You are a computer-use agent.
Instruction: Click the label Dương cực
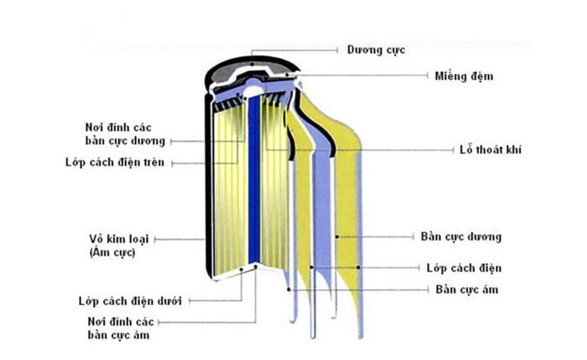click(376, 50)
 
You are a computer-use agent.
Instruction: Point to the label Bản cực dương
click(461, 237)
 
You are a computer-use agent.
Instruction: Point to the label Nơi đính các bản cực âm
click(121, 327)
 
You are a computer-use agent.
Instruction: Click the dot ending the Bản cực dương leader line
click(337, 237)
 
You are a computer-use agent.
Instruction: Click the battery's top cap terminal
click(252, 65)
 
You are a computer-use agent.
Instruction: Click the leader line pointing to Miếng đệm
click(367, 76)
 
